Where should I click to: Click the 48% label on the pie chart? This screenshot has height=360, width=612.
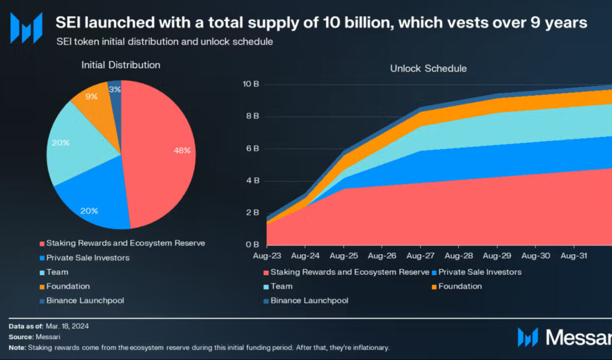[x=182, y=151]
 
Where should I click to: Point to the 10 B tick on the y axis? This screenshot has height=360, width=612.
[x=251, y=84]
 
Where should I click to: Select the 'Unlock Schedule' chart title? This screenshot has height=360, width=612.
[x=428, y=69]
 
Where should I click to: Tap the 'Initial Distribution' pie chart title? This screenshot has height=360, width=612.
[x=121, y=65]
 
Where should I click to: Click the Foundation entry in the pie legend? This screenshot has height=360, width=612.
[x=68, y=286]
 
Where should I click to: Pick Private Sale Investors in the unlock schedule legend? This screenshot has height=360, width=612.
[x=480, y=272]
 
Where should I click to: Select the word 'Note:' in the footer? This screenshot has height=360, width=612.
[x=18, y=347]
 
